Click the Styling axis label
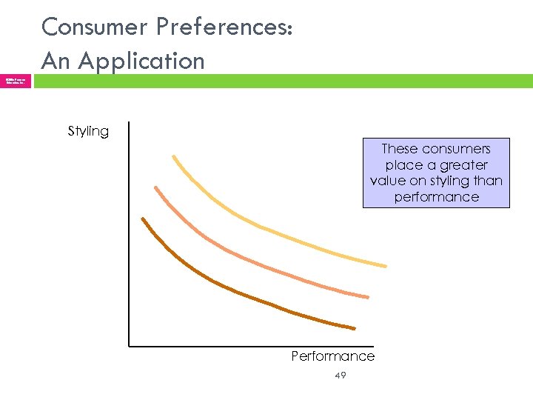88,131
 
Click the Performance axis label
332,356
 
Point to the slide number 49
340,376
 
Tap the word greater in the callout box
463,165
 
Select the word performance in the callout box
436,197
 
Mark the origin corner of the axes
129,345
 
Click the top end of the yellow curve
174,156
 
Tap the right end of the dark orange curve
354,328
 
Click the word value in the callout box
389,181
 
